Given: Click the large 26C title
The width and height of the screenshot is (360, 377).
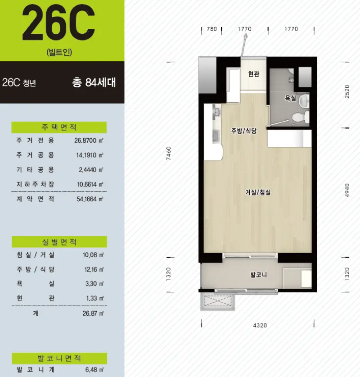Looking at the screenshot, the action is pos(58,23).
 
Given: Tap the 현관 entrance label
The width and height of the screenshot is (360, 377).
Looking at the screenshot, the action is pos(254,74).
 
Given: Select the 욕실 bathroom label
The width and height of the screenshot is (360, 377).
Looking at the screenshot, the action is pos(290,98).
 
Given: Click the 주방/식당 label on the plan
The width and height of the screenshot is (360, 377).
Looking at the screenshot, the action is pos(244,131).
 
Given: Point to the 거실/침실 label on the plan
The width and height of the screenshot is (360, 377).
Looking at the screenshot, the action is pos(258,192).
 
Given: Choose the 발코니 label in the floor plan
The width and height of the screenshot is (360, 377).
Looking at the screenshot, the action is pos(259,275).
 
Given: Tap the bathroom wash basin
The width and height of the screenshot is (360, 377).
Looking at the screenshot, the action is pos(304,100).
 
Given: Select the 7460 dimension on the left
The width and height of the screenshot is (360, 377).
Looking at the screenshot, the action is pos(169,154).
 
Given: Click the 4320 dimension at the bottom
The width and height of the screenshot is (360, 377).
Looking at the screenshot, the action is pos(260,325).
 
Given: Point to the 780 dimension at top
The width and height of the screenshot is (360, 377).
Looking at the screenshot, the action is pos(212,29).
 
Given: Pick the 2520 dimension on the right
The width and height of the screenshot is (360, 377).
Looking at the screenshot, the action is pos(347,91).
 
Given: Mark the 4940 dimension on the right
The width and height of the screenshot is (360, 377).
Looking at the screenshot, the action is pos(347,190).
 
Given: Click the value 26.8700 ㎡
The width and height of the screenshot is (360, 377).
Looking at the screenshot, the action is pos(89,141).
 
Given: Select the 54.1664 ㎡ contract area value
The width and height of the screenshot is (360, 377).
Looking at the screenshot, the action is pos(90,199).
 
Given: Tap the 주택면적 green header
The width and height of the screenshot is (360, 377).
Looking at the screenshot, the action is pos(59,127).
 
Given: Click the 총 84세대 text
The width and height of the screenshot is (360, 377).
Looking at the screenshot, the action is pos(94,82).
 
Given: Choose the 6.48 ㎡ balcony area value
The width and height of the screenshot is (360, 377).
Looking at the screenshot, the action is pos(94,369).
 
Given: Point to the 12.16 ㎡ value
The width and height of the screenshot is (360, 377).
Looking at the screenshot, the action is pos(94,269).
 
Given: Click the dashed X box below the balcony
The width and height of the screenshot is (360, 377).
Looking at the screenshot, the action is pos(217,301).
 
